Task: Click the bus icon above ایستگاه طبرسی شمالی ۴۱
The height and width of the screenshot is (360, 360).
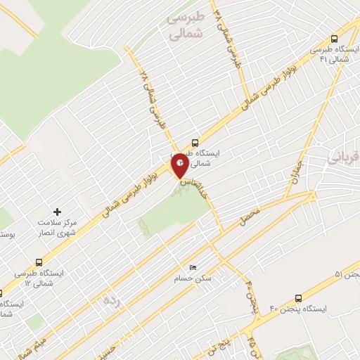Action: pos(335,40)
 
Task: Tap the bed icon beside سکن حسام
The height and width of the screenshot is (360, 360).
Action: pos(194,267)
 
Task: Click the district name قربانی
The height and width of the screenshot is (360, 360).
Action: pos(343,160)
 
